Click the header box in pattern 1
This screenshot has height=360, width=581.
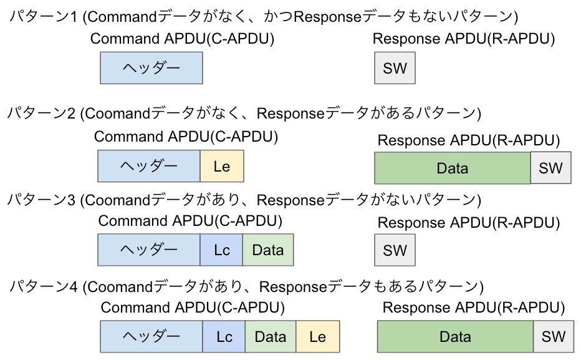coord(151,67)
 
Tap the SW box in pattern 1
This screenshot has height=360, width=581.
coord(395,68)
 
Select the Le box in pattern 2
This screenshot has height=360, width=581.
coord(221,166)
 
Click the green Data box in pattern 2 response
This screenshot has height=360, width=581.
coord(452,168)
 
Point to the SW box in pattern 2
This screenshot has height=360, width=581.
coord(550,168)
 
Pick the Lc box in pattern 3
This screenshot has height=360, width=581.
coord(221,250)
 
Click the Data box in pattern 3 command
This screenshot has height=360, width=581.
coord(268,250)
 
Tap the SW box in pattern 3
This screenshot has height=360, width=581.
coord(395,250)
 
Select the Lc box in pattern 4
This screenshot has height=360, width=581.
coord(224,337)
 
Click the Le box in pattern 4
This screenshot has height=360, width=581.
coord(317,337)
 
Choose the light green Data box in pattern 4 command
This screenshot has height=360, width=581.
coord(271,337)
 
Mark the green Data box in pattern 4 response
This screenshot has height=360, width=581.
coord(455,337)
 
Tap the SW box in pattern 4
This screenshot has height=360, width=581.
coord(553,337)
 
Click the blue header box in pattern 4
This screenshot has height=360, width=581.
coord(151,337)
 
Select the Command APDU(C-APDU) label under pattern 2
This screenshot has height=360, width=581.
coord(186,137)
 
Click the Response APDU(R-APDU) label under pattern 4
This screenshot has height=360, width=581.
coord(473,308)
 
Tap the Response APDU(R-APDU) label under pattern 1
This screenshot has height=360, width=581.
coord(463,39)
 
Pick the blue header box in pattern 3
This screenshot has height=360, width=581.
coord(149,250)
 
